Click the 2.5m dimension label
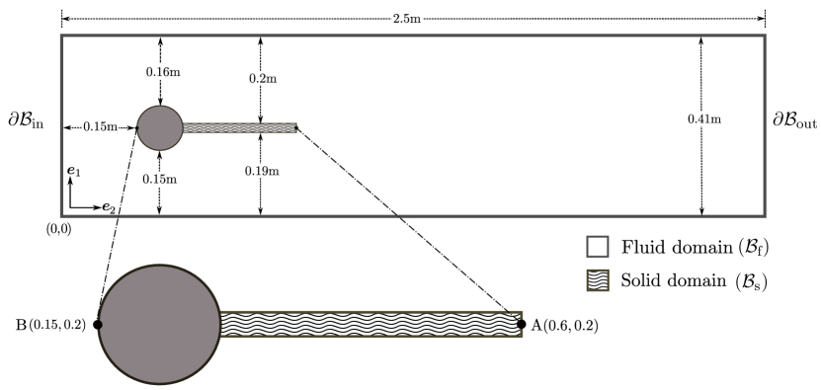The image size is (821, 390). point(407,18)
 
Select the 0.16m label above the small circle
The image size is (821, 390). point(160,72)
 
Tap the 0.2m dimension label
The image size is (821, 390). point(261,79)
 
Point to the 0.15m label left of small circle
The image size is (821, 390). point(100,126)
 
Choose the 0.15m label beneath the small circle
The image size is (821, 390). point(160,179)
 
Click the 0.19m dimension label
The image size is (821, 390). point(261,171)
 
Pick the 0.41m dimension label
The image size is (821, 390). point(698,119)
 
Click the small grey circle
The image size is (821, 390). point(160,128)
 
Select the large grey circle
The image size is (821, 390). point(159,324)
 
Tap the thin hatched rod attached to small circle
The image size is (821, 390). point(239,127)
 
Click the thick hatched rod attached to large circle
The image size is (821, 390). point(370,324)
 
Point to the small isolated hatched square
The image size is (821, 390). point(598,280)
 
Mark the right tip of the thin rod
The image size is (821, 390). point(295,127)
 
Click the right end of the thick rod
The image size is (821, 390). point(521,324)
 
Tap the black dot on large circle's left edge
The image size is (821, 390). point(99,324)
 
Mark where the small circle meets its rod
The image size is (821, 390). point(183,127)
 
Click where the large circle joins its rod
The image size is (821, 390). point(220,324)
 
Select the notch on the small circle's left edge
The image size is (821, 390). point(137,127)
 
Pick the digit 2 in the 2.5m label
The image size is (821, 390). point(396,18)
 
